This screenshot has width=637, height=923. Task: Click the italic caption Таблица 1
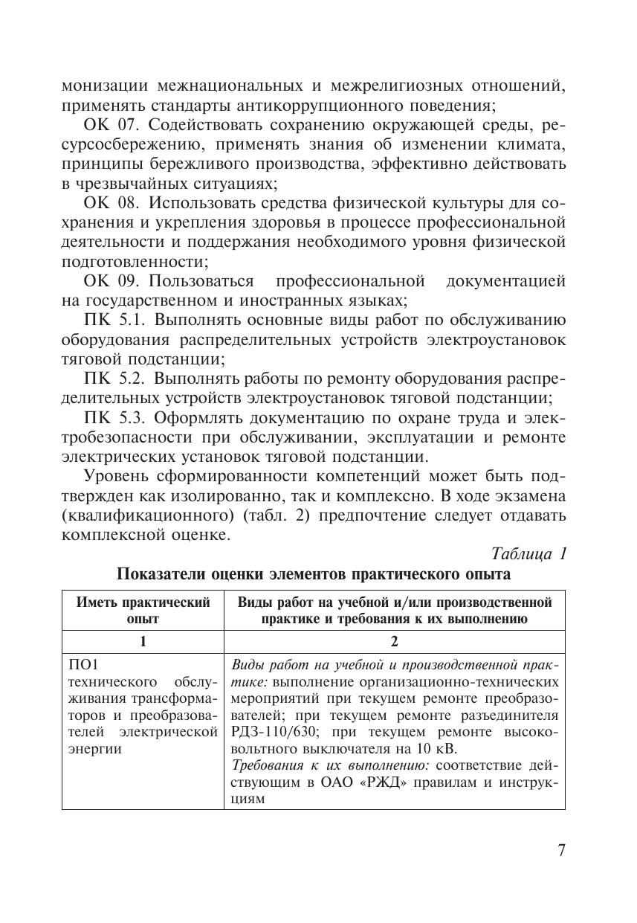tap(529, 554)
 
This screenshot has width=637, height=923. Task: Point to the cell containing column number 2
tap(394, 642)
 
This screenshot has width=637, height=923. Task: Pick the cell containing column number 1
tap(143, 642)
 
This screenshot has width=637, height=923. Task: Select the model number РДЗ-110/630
tap(271, 731)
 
